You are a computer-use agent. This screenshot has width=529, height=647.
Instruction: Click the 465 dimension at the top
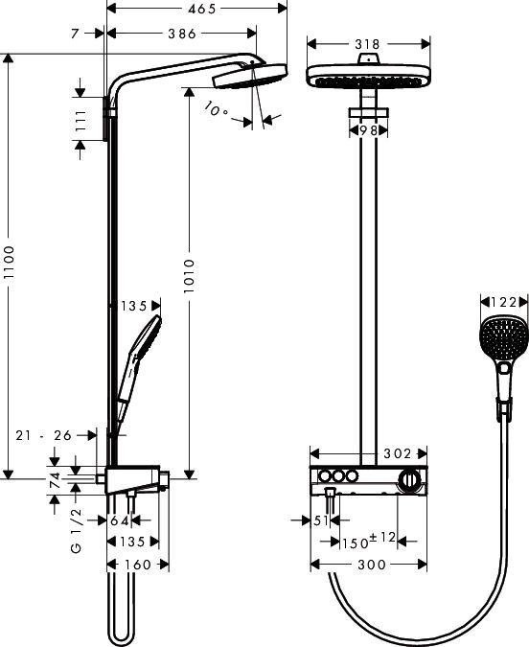[x=199, y=8]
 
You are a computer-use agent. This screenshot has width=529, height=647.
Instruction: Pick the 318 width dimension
[x=367, y=44]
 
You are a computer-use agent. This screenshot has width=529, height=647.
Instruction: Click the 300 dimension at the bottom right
[x=370, y=565]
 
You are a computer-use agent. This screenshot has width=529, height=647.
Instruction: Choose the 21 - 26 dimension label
[x=44, y=435]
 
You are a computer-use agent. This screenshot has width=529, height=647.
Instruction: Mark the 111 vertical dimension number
[x=81, y=121]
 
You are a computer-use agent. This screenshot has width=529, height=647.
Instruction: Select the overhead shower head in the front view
[x=367, y=77]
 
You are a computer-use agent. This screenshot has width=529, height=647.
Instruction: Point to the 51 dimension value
[x=320, y=520]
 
